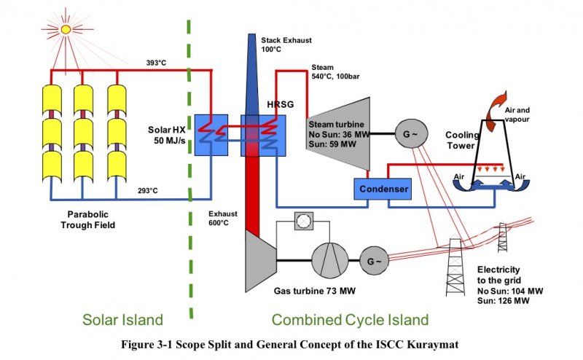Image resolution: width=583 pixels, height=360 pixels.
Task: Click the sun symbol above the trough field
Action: coord(66,29)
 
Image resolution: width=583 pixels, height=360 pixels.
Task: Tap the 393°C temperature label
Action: coord(156,63)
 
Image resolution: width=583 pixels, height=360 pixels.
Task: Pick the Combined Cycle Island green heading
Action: coord(350,320)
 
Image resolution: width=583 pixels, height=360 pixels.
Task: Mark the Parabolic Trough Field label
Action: coord(89,220)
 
